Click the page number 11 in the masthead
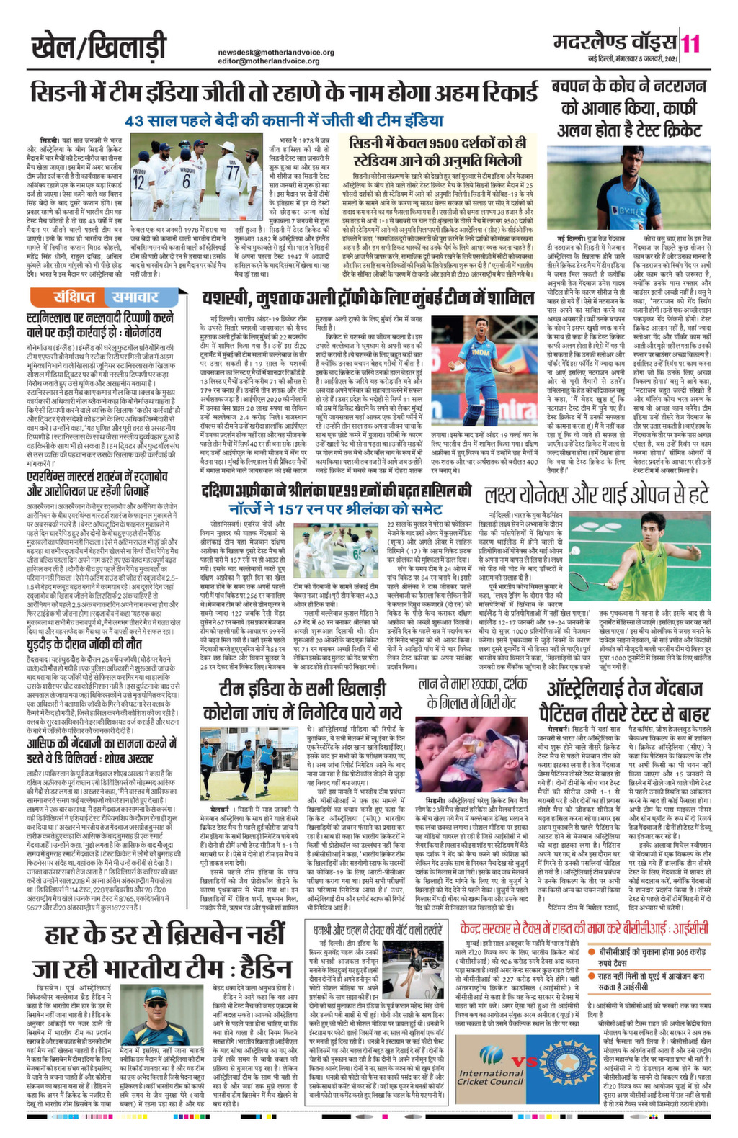[x=690, y=43]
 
